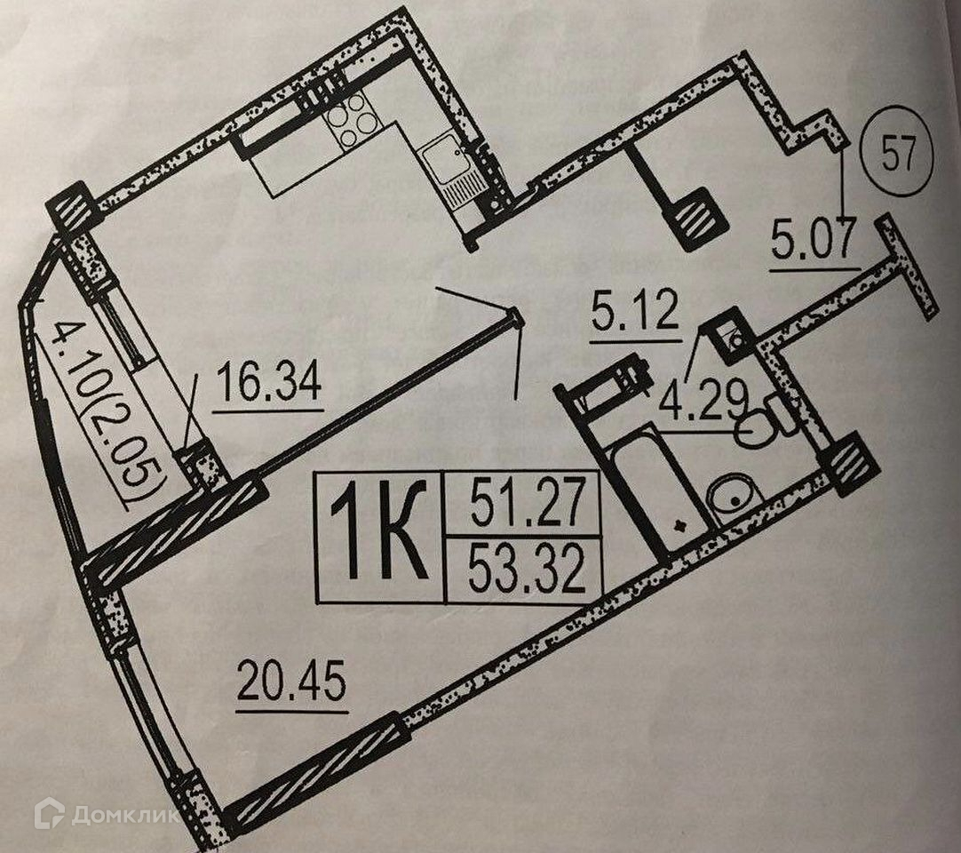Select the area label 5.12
point(634,315)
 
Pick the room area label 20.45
point(291,685)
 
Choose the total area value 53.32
point(527,570)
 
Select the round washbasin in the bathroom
point(734,493)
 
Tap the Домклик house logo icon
point(50,813)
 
